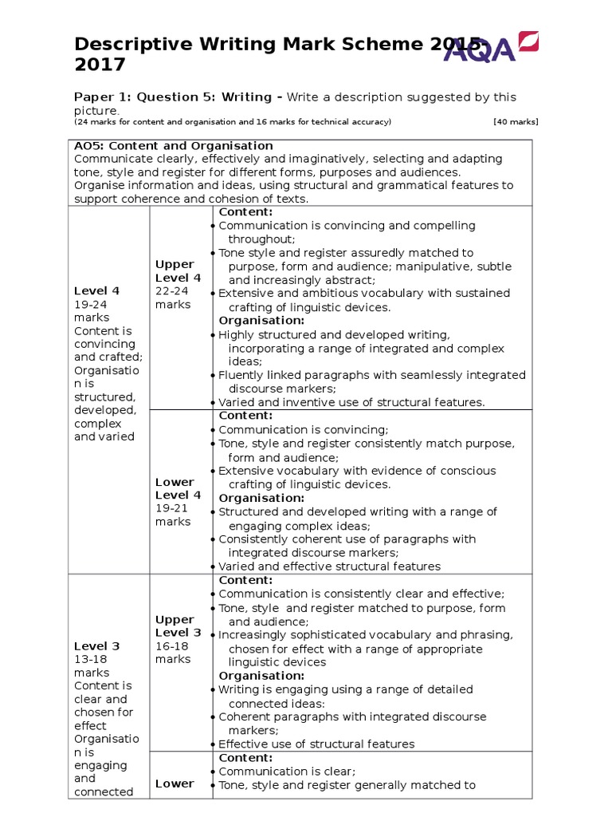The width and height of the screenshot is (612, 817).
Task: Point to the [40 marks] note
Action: (516, 122)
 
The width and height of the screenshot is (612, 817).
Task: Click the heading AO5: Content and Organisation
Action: (174, 146)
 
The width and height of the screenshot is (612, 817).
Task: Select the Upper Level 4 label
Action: (178, 271)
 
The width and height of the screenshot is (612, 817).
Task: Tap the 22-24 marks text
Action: (174, 298)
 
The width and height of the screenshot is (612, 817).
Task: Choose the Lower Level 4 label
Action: (178, 488)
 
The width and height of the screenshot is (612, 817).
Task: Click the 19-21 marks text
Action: (174, 515)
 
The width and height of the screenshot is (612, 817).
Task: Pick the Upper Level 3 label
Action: (178, 626)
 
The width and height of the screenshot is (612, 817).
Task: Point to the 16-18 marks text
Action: (174, 653)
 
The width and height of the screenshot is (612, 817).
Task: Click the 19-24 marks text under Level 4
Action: (90, 311)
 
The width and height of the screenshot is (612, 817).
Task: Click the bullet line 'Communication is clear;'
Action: (287, 772)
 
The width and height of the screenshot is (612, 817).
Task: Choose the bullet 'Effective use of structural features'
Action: (316, 744)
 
